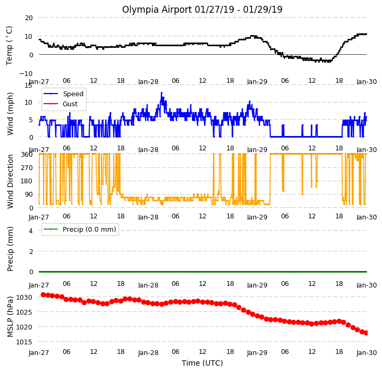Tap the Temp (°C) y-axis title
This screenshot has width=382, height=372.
pos(9,46)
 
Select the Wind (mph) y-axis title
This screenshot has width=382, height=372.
pos(10,114)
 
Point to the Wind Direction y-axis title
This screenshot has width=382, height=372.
pos(10,181)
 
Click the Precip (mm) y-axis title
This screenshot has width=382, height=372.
pos(10,249)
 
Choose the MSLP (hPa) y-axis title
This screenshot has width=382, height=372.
pos(10,317)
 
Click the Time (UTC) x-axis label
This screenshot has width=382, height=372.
pos(202,363)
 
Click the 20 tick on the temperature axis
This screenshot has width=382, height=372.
pos(29,18)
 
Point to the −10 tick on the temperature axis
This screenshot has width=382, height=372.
pos(26,73)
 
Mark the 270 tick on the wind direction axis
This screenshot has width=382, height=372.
pos(27,167)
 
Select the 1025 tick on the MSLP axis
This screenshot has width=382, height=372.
pos(24,312)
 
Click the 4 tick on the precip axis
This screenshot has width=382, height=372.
pos(31,231)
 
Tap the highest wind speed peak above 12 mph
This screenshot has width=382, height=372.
pos(162,92)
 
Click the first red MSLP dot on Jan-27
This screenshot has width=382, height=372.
pos(44,295)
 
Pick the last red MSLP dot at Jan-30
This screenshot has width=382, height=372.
pos(366,333)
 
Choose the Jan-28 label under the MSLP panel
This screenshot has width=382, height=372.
pos(148,353)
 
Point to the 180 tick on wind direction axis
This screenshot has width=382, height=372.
pos(27,181)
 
